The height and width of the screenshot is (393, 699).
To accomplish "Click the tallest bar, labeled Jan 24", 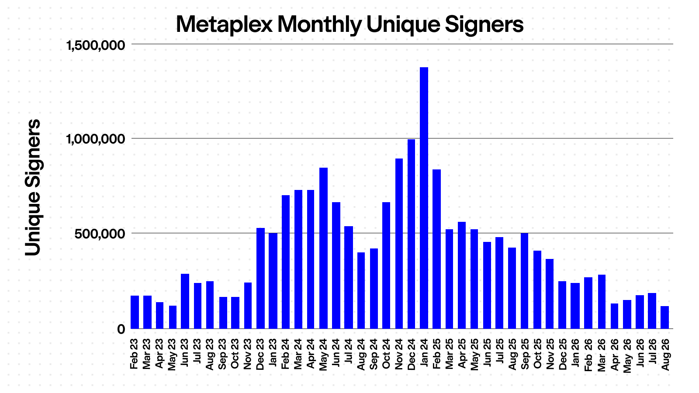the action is [424, 198].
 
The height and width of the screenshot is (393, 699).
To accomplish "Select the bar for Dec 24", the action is [411, 234].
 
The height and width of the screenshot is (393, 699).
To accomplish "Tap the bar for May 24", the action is [323, 248].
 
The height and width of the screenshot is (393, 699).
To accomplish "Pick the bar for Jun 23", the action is [185, 301].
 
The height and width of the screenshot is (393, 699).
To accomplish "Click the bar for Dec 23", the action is [260, 279].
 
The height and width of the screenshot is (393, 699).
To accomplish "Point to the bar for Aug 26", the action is [664, 317].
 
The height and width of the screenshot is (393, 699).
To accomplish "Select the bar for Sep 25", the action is [524, 281].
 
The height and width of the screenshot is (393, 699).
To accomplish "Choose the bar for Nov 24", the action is [399, 244].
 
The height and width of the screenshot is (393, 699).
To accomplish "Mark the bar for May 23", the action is [173, 317].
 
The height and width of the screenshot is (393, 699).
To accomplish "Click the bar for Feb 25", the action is [436, 249].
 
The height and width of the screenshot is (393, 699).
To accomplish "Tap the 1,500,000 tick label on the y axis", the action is [96, 45].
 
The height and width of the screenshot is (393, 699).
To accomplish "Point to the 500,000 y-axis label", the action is [100, 234].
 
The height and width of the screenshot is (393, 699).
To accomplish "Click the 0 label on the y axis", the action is [121, 329].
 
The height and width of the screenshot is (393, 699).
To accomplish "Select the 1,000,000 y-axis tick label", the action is [96, 139].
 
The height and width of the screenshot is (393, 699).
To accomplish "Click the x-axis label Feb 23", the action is [134, 354].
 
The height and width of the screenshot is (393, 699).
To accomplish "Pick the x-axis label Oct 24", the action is [386, 354].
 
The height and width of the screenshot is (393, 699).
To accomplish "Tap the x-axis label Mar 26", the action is [602, 355].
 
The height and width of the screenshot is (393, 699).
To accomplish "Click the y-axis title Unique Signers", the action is [32, 187].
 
